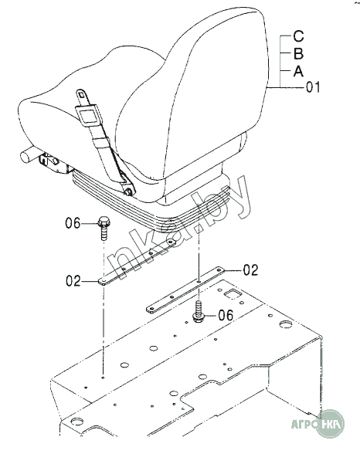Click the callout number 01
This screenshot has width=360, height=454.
pos(314,87)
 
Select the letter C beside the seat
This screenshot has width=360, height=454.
pos(298,36)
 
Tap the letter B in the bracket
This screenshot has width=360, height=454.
pos(298,53)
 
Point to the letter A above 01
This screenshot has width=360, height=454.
pos(298,71)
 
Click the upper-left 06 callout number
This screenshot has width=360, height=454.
pos(73,223)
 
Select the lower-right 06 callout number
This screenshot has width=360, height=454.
pos(226,315)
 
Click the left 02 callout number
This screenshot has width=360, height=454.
pos(73,281)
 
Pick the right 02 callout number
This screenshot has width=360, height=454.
pos(250,270)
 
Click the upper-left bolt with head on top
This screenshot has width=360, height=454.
pos(104,229)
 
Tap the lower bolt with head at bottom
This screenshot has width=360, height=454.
pos(199,312)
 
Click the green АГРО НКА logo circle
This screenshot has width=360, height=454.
pos(329,424)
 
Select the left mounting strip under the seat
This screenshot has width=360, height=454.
pos(136,263)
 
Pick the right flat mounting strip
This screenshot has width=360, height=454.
pos(185,290)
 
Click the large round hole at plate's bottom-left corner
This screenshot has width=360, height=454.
pos(78,420)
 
